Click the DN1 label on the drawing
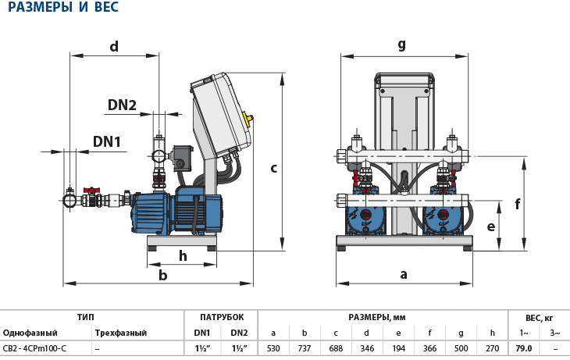click(x=107, y=141)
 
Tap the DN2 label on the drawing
click(x=122, y=105)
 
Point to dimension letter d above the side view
click(x=114, y=46)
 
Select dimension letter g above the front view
click(x=402, y=44)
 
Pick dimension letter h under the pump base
click(x=183, y=255)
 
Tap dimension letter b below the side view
click(x=162, y=275)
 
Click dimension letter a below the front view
click(x=404, y=274)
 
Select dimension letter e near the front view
click(x=490, y=226)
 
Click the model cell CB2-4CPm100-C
click(x=35, y=348)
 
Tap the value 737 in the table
click(x=305, y=348)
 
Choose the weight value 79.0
click(x=523, y=348)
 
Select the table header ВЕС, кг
click(x=539, y=317)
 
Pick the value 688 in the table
click(x=336, y=348)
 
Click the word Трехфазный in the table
click(x=120, y=333)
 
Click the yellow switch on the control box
click(x=248, y=119)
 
